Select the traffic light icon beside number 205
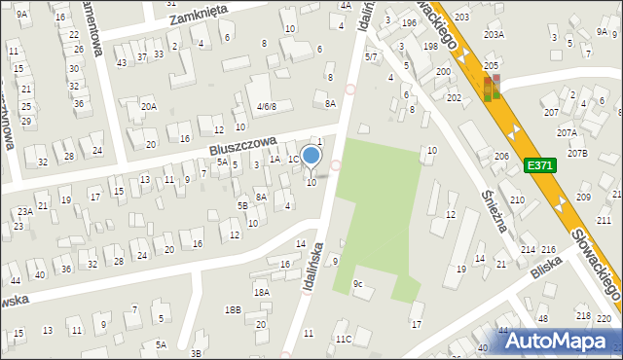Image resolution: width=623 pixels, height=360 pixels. click(492, 88)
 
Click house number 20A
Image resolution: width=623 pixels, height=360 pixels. click(148, 107)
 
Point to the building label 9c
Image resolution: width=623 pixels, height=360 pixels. click(358, 284)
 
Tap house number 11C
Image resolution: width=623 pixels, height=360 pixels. click(343, 339)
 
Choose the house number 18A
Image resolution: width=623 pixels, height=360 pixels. click(261, 292)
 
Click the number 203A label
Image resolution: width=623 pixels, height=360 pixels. click(494, 34)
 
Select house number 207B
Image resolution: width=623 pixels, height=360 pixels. click(578, 153)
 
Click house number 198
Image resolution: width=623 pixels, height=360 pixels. click(429, 47)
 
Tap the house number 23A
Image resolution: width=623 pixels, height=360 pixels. click(24, 210)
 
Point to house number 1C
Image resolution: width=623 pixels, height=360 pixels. click(293, 159)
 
